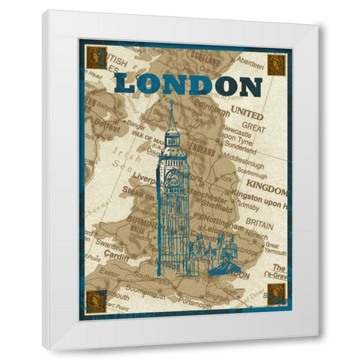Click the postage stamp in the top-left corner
click(x=94, y=57)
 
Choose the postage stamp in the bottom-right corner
click(x=276, y=295)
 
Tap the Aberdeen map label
click(x=252, y=57)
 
